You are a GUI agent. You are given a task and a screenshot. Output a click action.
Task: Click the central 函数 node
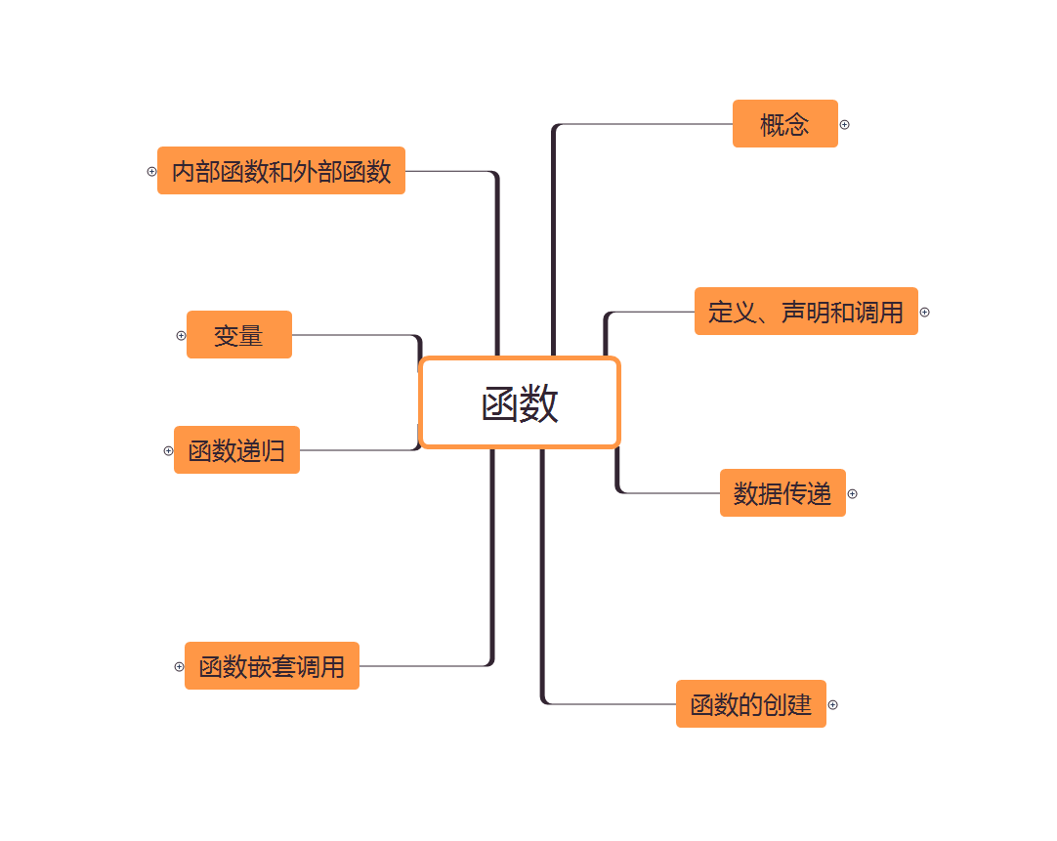click(520, 402)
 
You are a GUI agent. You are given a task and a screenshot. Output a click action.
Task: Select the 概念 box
click(784, 124)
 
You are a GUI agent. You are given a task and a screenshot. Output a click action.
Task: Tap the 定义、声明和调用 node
click(806, 312)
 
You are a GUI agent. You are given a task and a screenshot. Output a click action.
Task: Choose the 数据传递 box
click(782, 493)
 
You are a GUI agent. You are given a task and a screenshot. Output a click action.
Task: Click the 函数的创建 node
click(750, 704)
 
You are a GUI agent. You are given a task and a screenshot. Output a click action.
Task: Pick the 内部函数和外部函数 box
click(281, 171)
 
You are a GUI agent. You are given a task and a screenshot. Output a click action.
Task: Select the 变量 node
click(239, 335)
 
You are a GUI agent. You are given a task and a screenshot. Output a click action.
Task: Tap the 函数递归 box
click(236, 450)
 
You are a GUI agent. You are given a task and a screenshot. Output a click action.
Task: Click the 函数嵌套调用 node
click(272, 666)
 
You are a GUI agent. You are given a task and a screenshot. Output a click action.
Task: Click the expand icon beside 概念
click(845, 125)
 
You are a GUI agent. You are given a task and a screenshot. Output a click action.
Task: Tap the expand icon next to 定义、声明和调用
click(924, 313)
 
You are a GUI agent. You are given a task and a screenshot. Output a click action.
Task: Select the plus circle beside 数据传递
click(852, 494)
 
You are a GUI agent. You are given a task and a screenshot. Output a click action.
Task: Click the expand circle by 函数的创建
click(833, 705)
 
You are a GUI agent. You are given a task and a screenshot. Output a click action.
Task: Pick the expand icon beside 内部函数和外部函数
click(151, 171)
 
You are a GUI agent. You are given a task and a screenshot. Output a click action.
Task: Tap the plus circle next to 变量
click(181, 335)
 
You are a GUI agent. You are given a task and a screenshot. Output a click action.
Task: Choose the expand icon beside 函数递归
click(168, 450)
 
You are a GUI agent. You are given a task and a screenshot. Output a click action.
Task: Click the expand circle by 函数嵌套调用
click(179, 667)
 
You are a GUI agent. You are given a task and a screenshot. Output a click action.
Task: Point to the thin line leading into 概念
click(645, 124)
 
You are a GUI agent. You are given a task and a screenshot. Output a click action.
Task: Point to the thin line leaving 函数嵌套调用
click(420, 666)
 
